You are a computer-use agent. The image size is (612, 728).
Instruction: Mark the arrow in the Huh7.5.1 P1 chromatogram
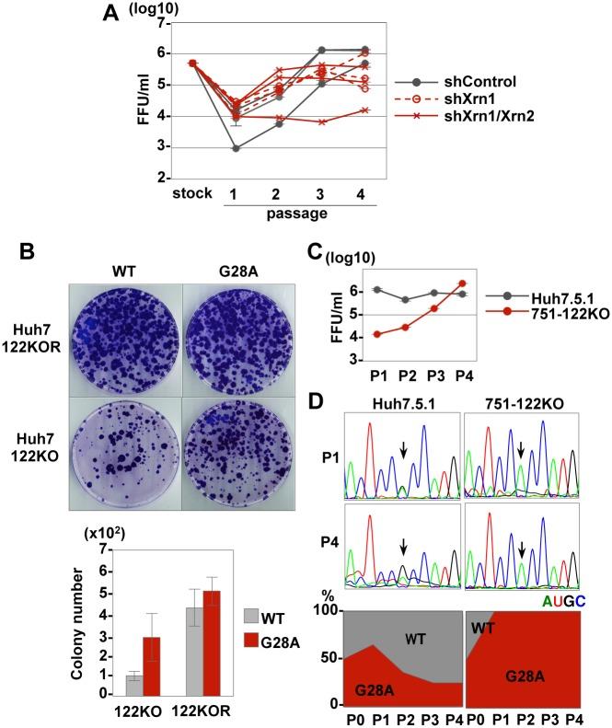pos(403,448)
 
